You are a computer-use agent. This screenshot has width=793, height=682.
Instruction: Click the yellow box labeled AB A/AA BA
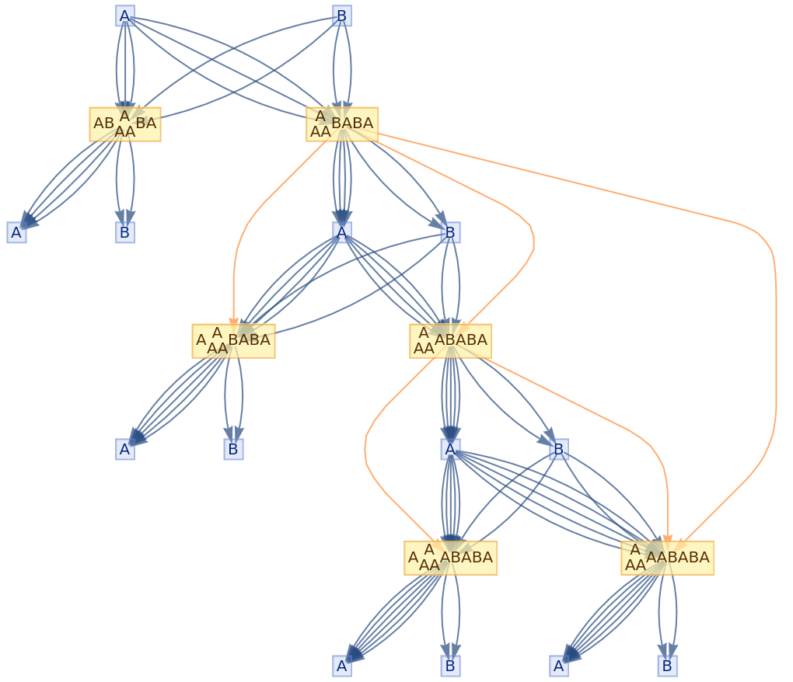pos(125,124)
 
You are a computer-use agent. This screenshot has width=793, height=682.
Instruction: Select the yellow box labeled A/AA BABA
pos(342,124)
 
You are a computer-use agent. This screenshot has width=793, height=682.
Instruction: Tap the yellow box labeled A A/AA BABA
pos(233,341)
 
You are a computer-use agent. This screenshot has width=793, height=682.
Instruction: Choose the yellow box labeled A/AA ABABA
pos(450,341)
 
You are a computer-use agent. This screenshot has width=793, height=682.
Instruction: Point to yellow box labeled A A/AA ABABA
pos(450,558)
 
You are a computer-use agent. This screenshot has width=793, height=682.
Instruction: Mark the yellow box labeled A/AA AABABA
pos(667,558)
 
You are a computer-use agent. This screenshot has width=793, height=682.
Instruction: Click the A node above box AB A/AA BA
pos(125,16)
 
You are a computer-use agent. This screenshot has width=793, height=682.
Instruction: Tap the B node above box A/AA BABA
pos(342,16)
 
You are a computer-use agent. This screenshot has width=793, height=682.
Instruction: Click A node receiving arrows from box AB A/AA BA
pos(17,232)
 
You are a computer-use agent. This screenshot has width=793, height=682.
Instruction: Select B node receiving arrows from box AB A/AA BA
pos(125,232)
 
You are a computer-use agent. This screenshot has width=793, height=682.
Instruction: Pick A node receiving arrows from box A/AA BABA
pos(342,232)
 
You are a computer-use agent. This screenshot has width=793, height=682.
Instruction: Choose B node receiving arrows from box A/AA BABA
pos(450,232)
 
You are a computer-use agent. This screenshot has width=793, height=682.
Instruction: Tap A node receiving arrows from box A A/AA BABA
pos(125,449)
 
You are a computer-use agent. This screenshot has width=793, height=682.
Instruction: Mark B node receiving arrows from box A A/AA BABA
pos(233,449)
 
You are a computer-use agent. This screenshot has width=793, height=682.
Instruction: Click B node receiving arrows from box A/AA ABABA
pos(559,449)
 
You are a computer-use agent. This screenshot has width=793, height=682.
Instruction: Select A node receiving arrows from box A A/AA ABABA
pos(342,666)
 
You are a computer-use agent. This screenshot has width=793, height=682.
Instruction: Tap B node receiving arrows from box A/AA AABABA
pos(667,666)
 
